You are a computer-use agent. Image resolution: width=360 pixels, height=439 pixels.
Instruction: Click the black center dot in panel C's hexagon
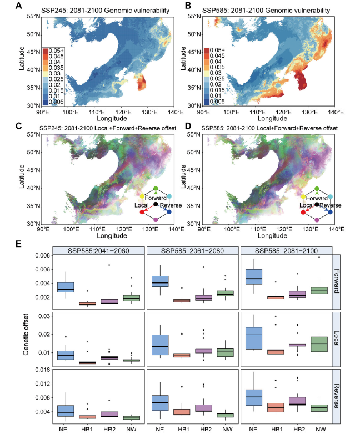(x=156, y=204)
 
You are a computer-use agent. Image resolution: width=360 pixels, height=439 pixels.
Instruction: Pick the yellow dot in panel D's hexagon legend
(x=303, y=196)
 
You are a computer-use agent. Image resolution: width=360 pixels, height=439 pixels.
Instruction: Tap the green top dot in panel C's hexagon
(x=156, y=189)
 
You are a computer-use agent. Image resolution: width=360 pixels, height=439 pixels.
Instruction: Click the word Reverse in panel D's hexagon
(x=328, y=206)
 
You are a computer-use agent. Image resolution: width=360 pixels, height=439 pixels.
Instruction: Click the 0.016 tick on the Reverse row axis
(x=42, y=370)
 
